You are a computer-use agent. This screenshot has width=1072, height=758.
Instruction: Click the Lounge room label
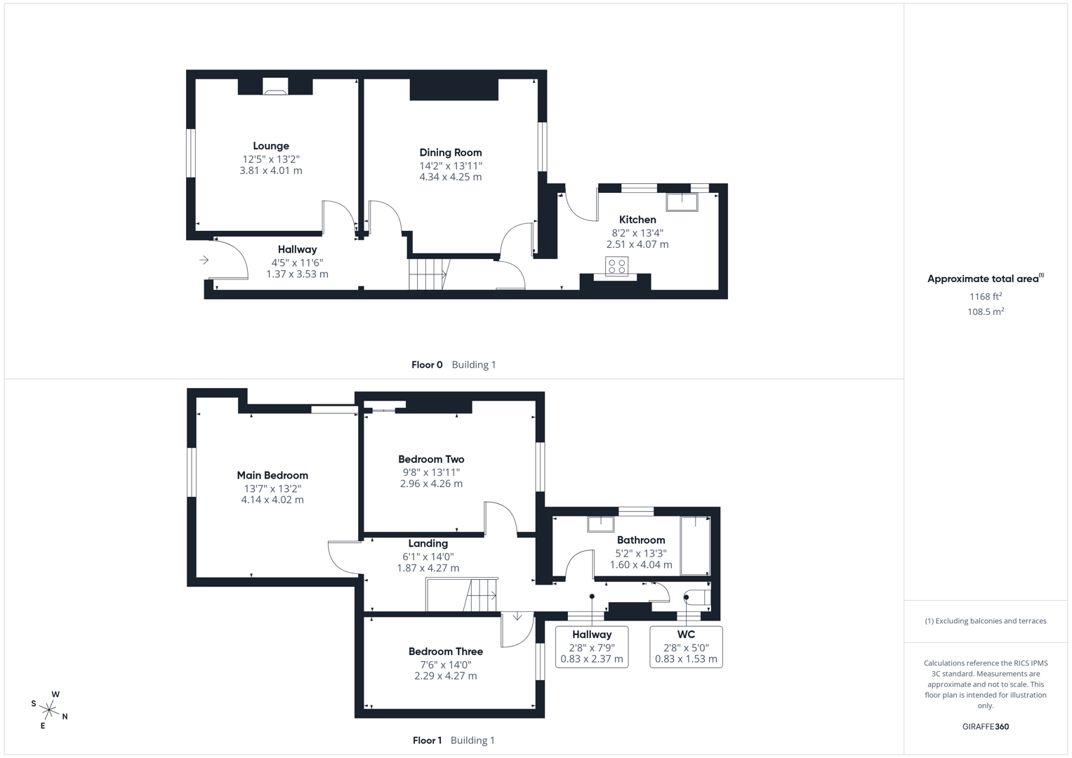[x=271, y=146]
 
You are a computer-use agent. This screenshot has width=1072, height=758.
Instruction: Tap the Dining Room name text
[x=451, y=152]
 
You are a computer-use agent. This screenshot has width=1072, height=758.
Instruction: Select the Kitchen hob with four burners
[x=617, y=267]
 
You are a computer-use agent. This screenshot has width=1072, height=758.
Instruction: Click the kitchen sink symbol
[x=682, y=201]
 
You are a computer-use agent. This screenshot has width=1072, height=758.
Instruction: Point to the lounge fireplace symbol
[x=275, y=87]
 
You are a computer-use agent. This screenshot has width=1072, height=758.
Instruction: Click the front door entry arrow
[x=204, y=260]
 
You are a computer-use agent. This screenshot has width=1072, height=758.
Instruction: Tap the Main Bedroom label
[x=272, y=475]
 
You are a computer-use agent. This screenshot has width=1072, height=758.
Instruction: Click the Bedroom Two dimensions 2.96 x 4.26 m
[x=431, y=484]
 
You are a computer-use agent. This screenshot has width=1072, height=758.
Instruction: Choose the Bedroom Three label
[x=446, y=651]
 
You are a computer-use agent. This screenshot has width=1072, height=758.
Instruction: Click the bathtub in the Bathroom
[x=695, y=546]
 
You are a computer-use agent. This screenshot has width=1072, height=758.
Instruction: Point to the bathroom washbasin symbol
[x=601, y=524]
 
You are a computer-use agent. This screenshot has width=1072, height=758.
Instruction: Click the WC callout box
[x=686, y=646]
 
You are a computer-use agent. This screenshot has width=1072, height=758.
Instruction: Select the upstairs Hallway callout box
[x=592, y=646]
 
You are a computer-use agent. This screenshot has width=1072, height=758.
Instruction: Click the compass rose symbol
[x=50, y=710]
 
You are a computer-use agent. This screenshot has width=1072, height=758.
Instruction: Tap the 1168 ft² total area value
[x=985, y=297]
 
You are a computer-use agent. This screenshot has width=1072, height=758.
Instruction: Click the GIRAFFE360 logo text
[x=985, y=726]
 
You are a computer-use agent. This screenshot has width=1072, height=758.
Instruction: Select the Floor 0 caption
[x=427, y=365]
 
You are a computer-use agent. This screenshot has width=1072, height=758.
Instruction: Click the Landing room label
[x=428, y=543]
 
